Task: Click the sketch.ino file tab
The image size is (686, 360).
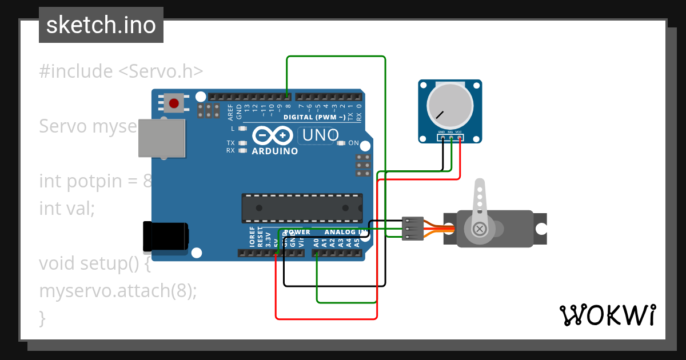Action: point(101,25)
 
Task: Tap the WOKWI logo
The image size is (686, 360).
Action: point(607,315)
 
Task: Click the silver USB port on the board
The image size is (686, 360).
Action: point(162,138)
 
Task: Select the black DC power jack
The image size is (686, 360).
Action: point(166,237)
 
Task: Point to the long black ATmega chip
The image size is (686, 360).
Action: point(302,208)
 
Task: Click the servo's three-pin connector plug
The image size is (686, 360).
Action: point(412,229)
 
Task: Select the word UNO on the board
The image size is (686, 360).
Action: point(321,135)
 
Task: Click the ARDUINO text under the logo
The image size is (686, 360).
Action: point(275,151)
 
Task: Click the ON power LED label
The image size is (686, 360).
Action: point(354,143)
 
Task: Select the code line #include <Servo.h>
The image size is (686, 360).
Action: point(121,71)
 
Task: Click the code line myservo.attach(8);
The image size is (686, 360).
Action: point(118,291)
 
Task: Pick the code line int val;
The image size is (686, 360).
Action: point(66,209)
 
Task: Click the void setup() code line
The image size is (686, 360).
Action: point(95,263)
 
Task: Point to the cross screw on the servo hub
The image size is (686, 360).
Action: point(480,229)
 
